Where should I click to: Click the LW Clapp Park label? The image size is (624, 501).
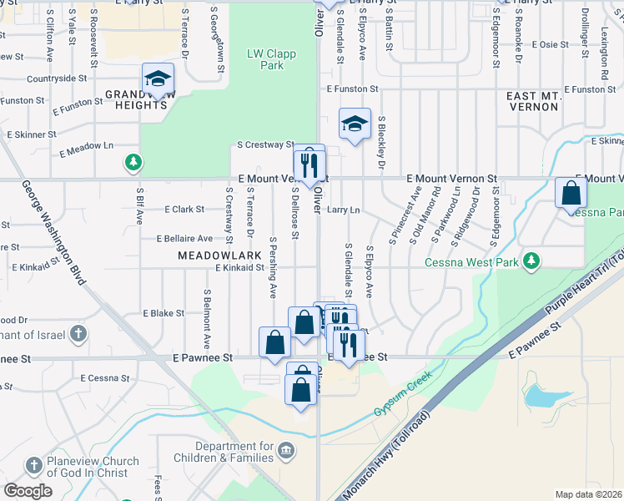pyautogui.click(x=266, y=58)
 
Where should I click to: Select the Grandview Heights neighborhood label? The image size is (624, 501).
pyautogui.click(x=137, y=100)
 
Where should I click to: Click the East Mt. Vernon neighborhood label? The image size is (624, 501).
pyautogui.click(x=538, y=103)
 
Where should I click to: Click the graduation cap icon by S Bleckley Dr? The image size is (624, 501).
pyautogui.click(x=355, y=124)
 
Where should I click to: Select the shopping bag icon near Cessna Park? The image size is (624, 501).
pyautogui.click(x=571, y=193)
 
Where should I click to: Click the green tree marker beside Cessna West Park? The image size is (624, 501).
pyautogui.click(x=530, y=262)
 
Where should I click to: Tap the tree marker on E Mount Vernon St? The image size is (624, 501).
pyautogui.click(x=132, y=162)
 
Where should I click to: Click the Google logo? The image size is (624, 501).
pyautogui.click(x=28, y=490)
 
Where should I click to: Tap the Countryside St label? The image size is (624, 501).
pyautogui.click(x=58, y=78)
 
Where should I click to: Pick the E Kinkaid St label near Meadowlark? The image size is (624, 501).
pyautogui.click(x=240, y=268)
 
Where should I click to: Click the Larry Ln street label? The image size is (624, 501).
pyautogui.click(x=343, y=210)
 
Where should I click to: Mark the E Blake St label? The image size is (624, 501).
pyautogui.click(x=164, y=313)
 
